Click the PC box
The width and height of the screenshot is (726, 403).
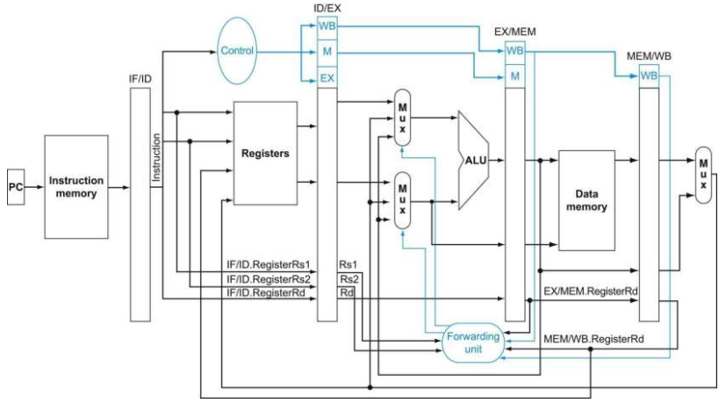16,187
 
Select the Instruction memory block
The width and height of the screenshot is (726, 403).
76,187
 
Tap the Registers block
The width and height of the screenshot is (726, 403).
265,154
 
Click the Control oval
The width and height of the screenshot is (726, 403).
237,51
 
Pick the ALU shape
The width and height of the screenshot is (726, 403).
473,161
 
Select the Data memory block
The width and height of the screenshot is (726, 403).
586,200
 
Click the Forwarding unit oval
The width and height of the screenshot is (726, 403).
473,342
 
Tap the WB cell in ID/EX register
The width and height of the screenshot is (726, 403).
327,26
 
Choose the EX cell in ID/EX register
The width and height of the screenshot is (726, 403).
327,78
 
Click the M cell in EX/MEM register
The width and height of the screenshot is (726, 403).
514,76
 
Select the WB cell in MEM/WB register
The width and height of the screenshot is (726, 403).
649,76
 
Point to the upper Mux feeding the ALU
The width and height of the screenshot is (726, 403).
402,118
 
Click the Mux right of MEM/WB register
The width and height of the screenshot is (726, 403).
703,175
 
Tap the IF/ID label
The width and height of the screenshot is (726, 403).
140,79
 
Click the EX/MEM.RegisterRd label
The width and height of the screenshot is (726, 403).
590,291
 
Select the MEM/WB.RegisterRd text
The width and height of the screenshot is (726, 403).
593,339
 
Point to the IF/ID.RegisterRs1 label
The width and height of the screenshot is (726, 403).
268,264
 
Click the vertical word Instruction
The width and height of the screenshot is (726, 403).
156,157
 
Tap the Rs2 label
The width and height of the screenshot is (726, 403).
349,279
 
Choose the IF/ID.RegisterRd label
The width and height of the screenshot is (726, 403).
266,292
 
